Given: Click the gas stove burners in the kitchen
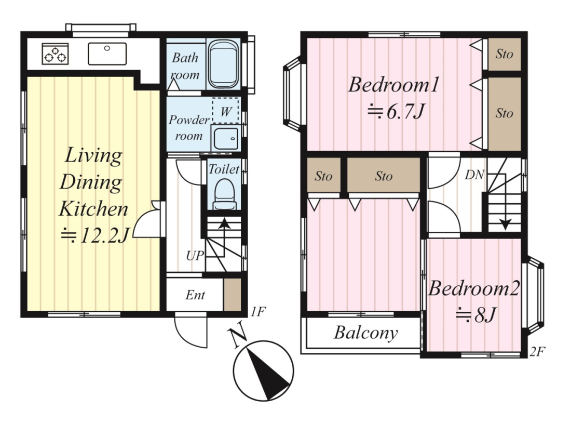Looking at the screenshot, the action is (x=56, y=54).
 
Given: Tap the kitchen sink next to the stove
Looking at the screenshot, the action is (x=107, y=54).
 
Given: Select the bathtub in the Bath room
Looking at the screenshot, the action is (x=223, y=64).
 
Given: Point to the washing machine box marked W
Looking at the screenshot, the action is (x=225, y=111).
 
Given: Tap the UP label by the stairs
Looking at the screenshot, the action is (x=195, y=256).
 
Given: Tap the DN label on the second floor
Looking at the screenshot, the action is (x=474, y=175).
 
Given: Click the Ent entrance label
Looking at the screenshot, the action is (x=195, y=295).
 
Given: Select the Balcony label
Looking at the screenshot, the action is (x=366, y=333).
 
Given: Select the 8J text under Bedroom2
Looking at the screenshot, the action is (x=475, y=314).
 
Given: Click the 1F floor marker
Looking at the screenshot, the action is (x=258, y=312).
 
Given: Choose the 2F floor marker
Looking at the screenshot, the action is (x=537, y=351).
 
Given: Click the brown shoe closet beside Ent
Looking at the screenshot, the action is (x=233, y=295).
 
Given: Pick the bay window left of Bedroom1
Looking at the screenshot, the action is (x=292, y=94).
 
